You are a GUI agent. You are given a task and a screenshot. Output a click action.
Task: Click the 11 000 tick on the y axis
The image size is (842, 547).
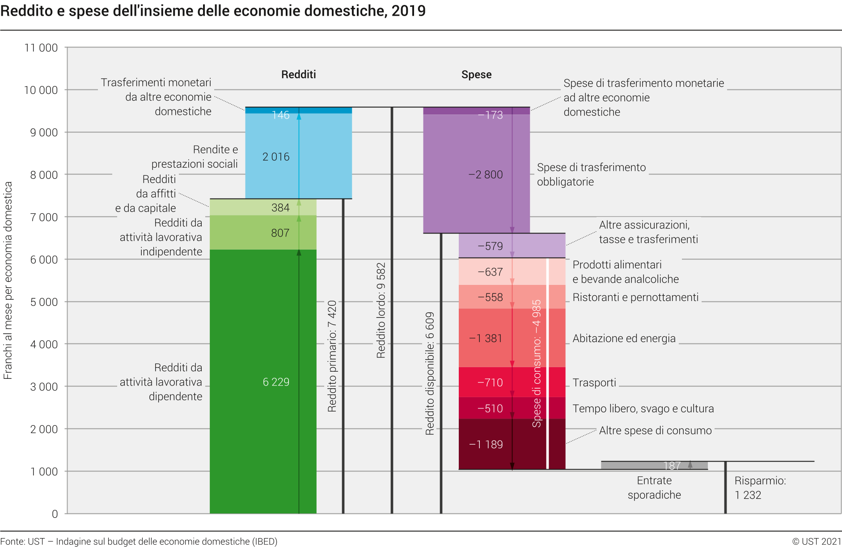[41, 48]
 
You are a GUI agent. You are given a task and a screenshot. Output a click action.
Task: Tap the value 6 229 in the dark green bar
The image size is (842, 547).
[276, 382]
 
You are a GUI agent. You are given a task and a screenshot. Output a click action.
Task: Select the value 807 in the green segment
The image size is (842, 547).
[280, 233]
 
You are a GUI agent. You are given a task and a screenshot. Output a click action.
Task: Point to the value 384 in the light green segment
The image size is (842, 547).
[280, 208]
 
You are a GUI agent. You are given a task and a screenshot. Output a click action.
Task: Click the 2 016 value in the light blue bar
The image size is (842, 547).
[276, 157]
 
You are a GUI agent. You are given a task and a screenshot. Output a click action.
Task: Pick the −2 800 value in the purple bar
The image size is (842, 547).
[486, 175]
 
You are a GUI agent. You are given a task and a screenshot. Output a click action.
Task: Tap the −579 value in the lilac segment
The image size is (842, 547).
[490, 246]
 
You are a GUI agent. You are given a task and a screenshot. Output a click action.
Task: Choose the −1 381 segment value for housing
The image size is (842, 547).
[486, 339]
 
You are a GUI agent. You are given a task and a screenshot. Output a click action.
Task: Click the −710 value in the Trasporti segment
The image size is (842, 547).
[490, 383]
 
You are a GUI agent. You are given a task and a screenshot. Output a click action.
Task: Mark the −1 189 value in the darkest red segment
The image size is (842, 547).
[486, 445]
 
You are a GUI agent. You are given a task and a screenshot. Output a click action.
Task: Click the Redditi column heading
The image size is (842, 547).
[298, 75]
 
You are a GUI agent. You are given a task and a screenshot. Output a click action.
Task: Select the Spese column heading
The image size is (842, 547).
[476, 75]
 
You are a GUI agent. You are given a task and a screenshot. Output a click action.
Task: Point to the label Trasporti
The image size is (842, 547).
[594, 383]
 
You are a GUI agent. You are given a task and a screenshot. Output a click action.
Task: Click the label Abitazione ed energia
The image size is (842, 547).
[624, 339]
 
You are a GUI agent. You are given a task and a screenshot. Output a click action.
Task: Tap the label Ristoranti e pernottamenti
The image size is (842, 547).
[635, 297]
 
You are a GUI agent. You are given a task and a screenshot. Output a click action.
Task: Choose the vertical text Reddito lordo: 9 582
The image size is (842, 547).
[381, 310]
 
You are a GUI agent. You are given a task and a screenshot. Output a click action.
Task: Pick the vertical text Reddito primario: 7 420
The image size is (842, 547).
[332, 356]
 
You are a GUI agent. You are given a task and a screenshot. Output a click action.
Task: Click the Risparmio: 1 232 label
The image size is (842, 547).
[760, 488]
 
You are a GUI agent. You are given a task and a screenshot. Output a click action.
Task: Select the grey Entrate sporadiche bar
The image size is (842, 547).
[654, 466]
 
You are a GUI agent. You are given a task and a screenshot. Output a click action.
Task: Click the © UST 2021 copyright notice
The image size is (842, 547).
[817, 542]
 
